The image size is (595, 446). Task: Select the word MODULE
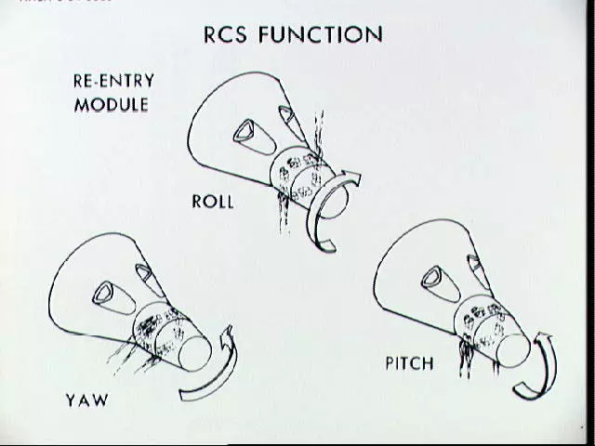(111, 104)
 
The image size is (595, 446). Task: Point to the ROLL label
(213, 201)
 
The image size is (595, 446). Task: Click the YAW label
(86, 400)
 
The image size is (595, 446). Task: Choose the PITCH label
(409, 362)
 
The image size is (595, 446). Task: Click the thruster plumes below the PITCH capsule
(464, 357)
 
